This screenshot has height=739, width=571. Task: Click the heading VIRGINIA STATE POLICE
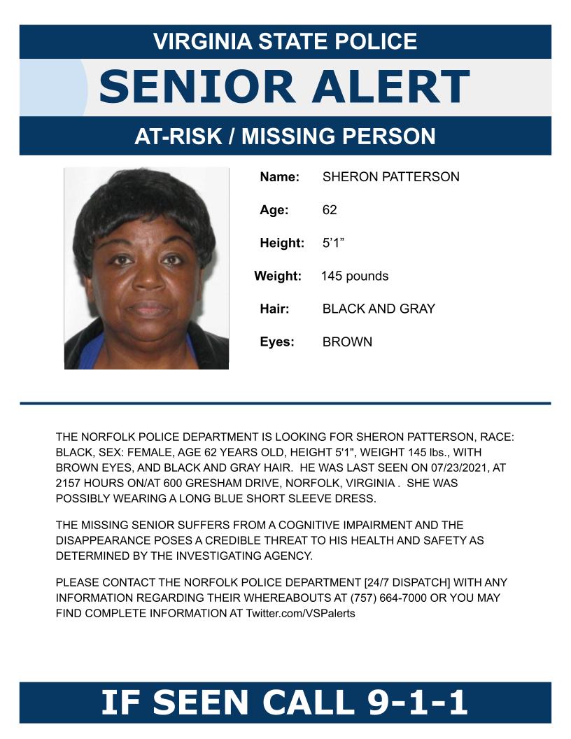point(285,41)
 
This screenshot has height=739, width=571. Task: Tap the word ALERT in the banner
point(390,87)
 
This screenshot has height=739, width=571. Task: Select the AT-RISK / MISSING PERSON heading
point(285,136)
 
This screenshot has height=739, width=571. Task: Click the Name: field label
point(279,177)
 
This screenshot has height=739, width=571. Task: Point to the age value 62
point(330,210)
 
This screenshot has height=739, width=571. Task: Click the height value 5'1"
point(333,244)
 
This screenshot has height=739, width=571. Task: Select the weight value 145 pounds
point(354,276)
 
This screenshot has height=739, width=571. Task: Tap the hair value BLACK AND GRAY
point(378,309)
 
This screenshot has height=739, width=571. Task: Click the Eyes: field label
point(277,342)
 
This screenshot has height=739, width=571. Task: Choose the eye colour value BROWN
point(347,342)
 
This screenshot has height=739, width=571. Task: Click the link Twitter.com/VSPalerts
point(300,613)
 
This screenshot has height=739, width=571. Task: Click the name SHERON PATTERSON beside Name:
point(390,177)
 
